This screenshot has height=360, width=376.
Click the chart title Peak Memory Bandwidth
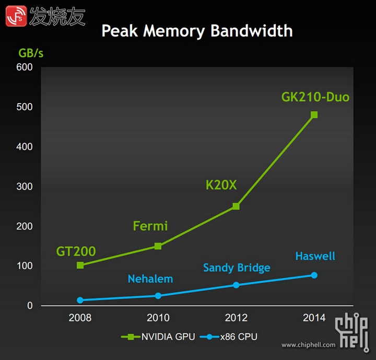coord(197,30)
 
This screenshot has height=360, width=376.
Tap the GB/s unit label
coord(31,53)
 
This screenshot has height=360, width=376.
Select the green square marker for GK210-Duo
coord(314,115)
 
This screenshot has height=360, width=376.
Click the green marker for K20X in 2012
coord(236,206)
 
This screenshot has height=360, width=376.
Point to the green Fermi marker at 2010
coord(158,246)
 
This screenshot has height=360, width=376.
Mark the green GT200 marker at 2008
coord(80,265)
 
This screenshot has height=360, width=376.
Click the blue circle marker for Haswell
coord(314,275)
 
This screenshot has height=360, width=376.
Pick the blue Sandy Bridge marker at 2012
coord(236,285)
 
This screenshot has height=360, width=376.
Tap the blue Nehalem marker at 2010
coord(158,296)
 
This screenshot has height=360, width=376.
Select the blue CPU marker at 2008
coord(80,300)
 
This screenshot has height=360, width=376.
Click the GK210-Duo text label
coord(315,97)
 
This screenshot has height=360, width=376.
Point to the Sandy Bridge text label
coord(237,268)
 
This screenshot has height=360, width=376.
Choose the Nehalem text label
coord(150,279)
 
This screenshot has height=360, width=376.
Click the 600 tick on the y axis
coord(24,67)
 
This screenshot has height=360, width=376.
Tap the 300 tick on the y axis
coord(24,187)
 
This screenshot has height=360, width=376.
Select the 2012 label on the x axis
coord(236,318)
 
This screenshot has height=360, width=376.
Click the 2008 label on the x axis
coord(80,318)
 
